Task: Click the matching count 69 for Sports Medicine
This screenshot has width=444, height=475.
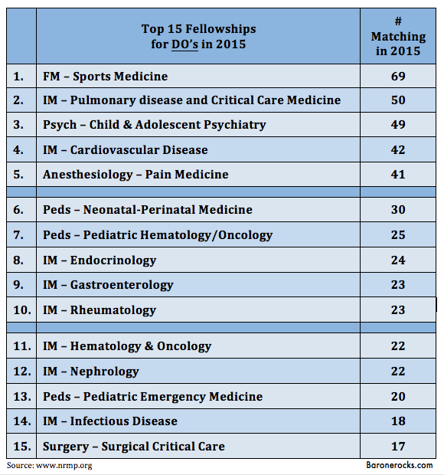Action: click(x=398, y=76)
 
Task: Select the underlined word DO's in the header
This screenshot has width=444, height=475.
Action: click(x=184, y=44)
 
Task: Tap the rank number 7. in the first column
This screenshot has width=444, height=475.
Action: click(x=18, y=234)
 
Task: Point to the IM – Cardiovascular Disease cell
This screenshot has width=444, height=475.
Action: click(x=126, y=149)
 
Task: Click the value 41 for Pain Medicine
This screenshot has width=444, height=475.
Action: click(x=398, y=174)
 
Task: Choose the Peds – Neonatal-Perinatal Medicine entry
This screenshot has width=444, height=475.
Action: click(x=148, y=210)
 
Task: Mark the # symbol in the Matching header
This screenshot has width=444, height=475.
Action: click(x=398, y=21)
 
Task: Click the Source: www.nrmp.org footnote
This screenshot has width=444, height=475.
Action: click(x=49, y=465)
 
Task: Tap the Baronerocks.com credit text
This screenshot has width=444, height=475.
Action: click(x=399, y=465)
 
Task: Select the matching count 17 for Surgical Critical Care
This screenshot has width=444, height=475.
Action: click(x=398, y=446)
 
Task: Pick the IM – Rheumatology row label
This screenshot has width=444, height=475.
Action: click(x=100, y=310)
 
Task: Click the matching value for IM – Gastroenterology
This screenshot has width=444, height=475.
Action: click(x=398, y=284)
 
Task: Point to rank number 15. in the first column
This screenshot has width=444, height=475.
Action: click(x=22, y=446)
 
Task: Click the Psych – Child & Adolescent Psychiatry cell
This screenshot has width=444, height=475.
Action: click(x=155, y=125)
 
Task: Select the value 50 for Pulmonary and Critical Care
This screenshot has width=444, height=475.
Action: click(x=398, y=100)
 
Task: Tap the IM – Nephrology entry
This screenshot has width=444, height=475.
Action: click(x=91, y=372)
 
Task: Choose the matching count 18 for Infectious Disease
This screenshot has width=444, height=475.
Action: click(x=398, y=421)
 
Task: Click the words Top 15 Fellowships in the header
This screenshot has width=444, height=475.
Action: click(x=198, y=29)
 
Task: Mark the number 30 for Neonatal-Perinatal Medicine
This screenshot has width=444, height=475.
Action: click(x=398, y=210)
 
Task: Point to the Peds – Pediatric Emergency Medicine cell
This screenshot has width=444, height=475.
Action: click(x=152, y=397)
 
